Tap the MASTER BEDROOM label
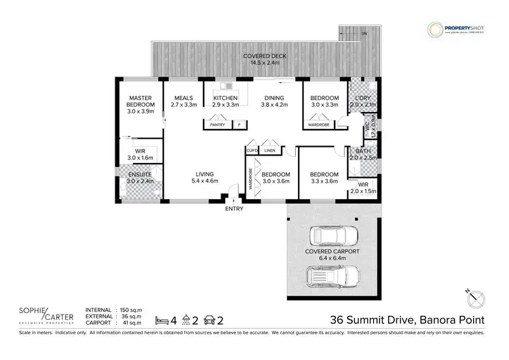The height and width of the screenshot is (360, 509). click(x=140, y=101)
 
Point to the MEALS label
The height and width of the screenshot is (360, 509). click(x=183, y=98)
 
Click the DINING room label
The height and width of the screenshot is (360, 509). click(x=274, y=98)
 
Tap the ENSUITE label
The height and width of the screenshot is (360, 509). click(x=140, y=175)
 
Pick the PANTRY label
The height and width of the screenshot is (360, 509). click(x=217, y=125)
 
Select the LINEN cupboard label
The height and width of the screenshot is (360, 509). click(x=270, y=150)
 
